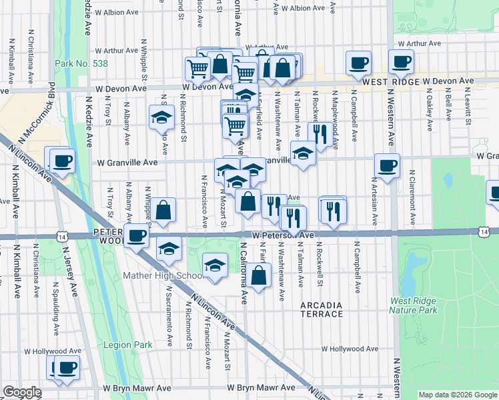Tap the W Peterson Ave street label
[x=283, y=236]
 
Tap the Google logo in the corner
[x=22, y=392]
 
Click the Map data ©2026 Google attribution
[x=458, y=395]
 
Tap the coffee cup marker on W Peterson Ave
[x=137, y=235]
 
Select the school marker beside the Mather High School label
[x=215, y=266]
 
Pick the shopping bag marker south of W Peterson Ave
[x=260, y=273]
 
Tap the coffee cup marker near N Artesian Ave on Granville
[x=386, y=165]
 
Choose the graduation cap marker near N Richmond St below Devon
[x=161, y=117]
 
